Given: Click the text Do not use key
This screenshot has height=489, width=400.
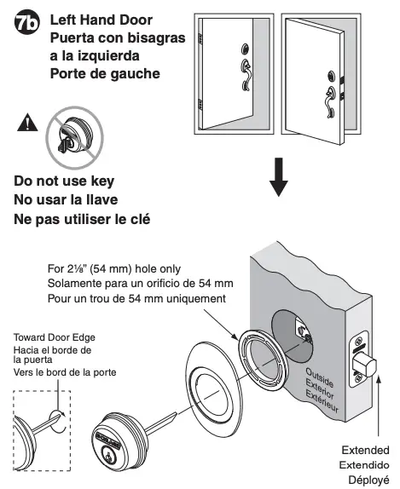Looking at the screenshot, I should coord(64,181).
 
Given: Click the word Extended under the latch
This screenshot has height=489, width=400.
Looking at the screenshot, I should coord(364,450).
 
